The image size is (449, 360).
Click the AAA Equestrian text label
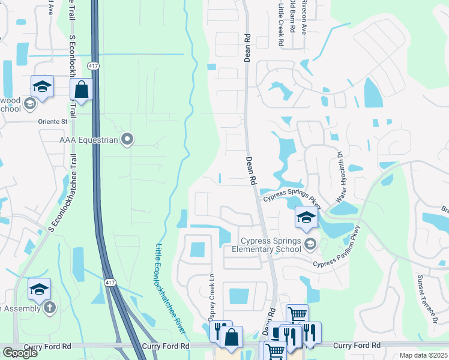tap(89, 140)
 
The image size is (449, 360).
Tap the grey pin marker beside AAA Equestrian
tap(127, 140)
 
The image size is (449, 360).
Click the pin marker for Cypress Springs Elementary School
tap(310, 243)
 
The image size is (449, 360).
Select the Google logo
tap(19, 353)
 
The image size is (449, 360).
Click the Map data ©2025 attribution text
tap(423, 355)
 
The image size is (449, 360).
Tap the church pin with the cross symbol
tap(49, 308)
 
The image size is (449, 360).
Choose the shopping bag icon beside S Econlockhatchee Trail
tap(81, 90)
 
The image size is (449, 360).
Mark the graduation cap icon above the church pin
tap(40, 290)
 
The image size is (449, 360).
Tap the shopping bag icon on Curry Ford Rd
tap(231, 337)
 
